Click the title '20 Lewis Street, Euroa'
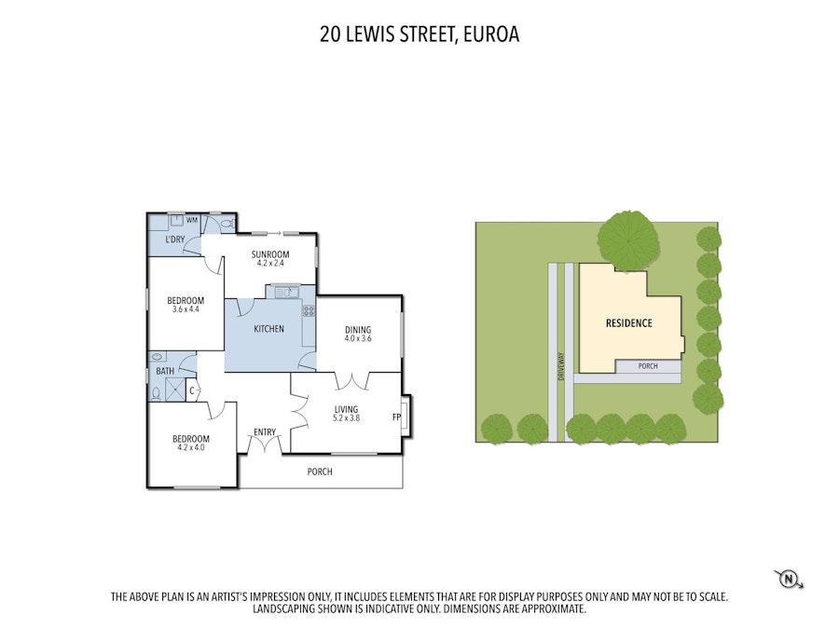[419, 35]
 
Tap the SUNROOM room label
[272, 258]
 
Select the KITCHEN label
[269, 329]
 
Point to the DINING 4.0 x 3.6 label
[358, 334]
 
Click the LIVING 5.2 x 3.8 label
[347, 414]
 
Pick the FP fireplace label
[396, 417]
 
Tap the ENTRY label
[265, 431]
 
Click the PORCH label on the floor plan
[320, 472]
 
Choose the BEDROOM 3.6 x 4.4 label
[186, 304]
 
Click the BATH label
[165, 371]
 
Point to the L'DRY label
[175, 241]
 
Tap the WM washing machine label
[192, 220]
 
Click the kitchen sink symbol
[283, 293]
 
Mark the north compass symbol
[789, 579]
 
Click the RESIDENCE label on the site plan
[628, 323]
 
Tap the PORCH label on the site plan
[647, 366]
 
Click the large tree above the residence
[626, 239]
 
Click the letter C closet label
[191, 391]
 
